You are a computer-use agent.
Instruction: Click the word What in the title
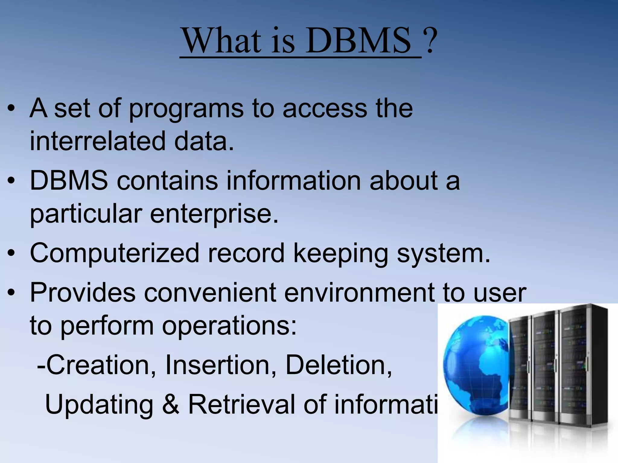coord(222,40)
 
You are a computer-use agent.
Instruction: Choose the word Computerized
coord(114,253)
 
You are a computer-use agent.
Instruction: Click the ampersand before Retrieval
coord(171,404)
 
